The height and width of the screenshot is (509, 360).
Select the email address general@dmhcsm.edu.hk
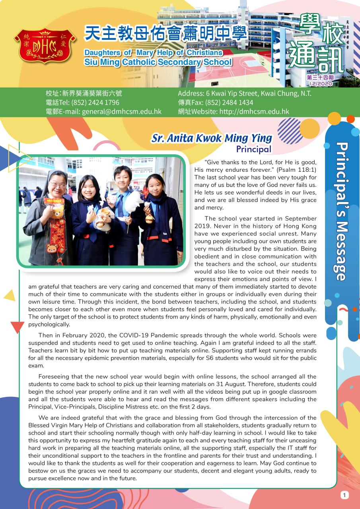[122, 112]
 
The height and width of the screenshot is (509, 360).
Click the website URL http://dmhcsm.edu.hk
[264, 112]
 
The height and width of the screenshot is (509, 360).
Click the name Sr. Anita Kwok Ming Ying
[212, 138]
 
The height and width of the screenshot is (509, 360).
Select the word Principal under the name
[254, 150]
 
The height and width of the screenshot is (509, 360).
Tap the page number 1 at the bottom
[344, 495]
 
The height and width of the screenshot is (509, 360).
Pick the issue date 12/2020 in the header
[321, 84]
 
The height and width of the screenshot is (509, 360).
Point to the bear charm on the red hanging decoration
[51, 249]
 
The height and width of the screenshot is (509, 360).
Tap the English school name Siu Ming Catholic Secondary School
[158, 62]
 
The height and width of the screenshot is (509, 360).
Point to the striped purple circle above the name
[290, 130]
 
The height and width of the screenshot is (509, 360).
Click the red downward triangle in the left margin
[17, 327]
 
